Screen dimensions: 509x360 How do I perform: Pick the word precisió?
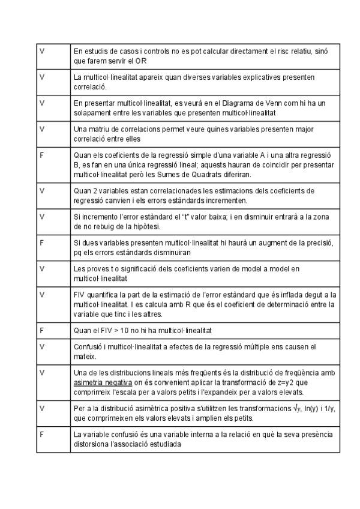315,242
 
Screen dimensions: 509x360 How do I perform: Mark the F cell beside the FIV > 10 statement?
41,330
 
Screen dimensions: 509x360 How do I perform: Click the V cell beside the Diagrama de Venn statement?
41,103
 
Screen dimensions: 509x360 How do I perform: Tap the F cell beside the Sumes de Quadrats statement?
41,155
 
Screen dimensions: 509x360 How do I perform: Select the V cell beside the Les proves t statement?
41,268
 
